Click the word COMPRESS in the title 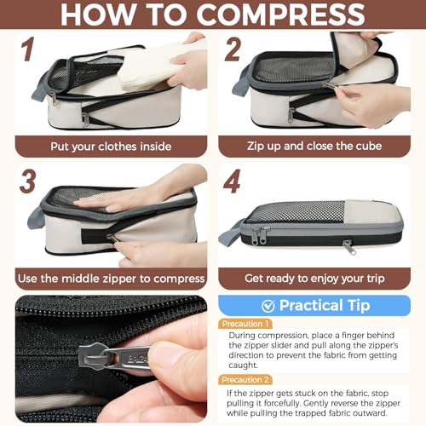(280, 14)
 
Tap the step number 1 (28, 49)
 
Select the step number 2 (233, 49)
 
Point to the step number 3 (27, 181)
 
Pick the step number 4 (232, 181)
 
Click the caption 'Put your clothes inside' (111, 147)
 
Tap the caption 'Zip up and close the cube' (314, 146)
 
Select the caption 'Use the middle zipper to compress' (111, 279)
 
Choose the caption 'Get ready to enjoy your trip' (314, 279)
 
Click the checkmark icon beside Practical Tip (268, 306)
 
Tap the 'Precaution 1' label (245, 324)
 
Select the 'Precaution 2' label (245, 380)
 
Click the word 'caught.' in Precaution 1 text (243, 366)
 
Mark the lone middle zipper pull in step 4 (349, 247)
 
